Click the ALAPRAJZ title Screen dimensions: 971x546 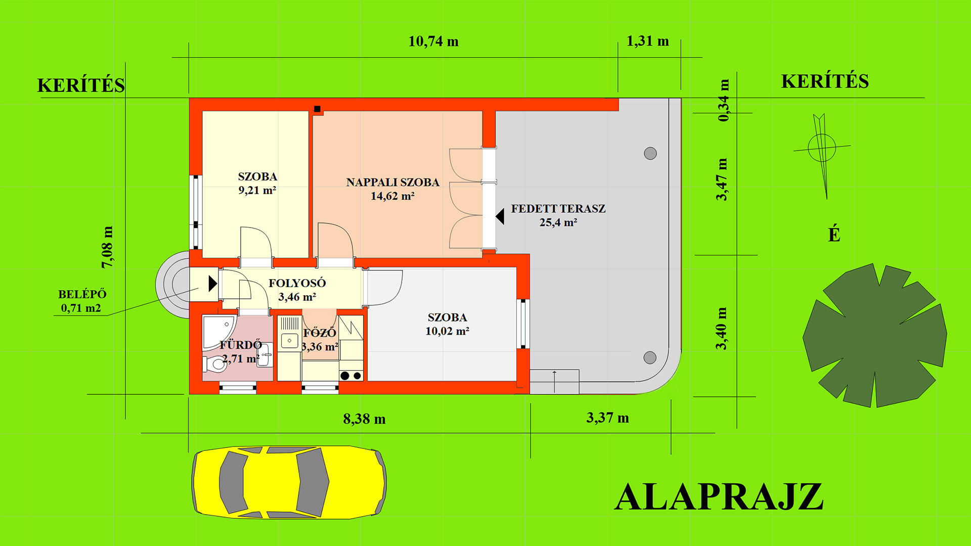719,497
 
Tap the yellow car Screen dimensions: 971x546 289,482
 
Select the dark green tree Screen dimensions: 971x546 875,335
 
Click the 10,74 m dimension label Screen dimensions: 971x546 433,41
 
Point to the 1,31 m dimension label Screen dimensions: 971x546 647,41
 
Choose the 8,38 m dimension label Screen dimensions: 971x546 364,419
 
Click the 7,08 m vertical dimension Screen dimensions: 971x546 107,247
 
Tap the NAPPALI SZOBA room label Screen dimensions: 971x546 392,189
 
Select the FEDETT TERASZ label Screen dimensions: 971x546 558,215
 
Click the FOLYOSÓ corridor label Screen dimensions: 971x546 297,290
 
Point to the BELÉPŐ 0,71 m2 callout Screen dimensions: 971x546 82,301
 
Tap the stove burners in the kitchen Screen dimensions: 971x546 351,376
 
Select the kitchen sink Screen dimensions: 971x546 289,341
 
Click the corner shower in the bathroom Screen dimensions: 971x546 217,332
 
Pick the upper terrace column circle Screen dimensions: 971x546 650,153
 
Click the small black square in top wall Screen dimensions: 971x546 317,109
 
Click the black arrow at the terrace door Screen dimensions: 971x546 500,217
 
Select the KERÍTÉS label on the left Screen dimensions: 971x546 81,85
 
